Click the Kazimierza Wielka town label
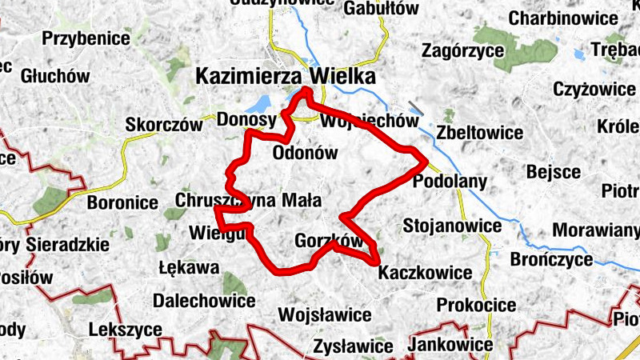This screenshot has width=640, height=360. [285, 77]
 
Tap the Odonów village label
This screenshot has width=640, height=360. [305, 154]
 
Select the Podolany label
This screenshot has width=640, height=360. [450, 182]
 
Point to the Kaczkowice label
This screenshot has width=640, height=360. [425, 272]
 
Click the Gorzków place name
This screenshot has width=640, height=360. [329, 240]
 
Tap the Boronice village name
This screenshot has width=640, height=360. [122, 202]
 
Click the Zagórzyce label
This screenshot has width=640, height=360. [462, 50]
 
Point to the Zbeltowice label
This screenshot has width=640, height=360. [480, 132]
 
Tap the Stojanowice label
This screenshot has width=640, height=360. [452, 225]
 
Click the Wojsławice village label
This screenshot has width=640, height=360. [325, 313]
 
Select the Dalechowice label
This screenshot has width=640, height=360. [204, 301]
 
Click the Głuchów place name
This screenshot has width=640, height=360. [54, 76]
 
